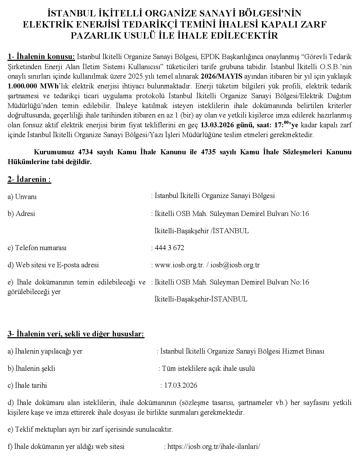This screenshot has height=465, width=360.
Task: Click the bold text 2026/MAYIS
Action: [222, 76]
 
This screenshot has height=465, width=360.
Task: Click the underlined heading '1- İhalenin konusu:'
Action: [42, 57]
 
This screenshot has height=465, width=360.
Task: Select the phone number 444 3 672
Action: [169, 248]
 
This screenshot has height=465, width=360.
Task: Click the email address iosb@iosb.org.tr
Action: [235, 265]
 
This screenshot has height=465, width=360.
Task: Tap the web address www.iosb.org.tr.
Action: [179, 265]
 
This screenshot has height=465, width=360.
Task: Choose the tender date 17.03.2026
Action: [181, 385]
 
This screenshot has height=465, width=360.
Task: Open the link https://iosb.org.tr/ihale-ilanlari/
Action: [214, 447]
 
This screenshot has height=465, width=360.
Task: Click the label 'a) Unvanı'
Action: [22, 197]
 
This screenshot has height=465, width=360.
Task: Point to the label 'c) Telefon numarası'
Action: [37, 248]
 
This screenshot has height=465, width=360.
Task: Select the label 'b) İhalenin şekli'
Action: [31, 368]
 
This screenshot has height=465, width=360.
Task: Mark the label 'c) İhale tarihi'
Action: [27, 386]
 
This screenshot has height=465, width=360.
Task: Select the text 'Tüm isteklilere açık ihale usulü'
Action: [208, 368]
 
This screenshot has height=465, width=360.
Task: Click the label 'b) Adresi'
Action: [21, 214]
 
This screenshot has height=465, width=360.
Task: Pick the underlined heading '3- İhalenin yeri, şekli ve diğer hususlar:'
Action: [76, 334]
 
